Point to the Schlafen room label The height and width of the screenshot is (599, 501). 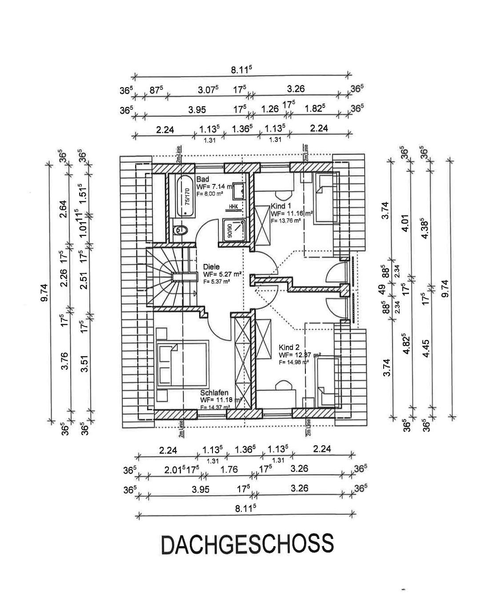point(214,393)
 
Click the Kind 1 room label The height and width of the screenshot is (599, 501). point(281,207)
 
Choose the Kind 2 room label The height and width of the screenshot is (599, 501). point(289,347)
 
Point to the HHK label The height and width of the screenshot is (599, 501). point(233,207)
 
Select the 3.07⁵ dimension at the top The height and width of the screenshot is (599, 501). point(208,89)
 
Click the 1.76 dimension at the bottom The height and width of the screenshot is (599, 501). point(229,469)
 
